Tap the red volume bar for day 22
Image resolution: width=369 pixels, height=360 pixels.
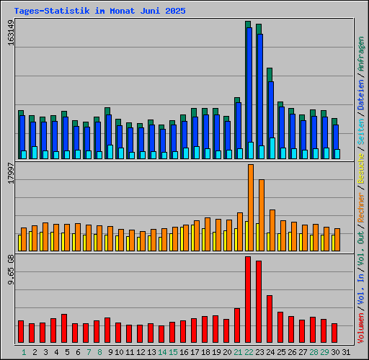pos(248,300)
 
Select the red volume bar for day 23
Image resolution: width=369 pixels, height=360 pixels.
pos(259,302)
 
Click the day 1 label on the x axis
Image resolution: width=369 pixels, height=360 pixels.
pos(24,352)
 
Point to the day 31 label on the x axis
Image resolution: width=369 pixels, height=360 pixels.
pos(347,352)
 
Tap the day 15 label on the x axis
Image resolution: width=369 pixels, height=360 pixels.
pos(174,352)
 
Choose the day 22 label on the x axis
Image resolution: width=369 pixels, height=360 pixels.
pos(249,352)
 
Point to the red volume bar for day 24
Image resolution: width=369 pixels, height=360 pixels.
pos(270,319)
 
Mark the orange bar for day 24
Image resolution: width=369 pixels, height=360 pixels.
pos(272,230)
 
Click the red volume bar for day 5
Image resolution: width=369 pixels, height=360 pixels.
pos(64,328)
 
